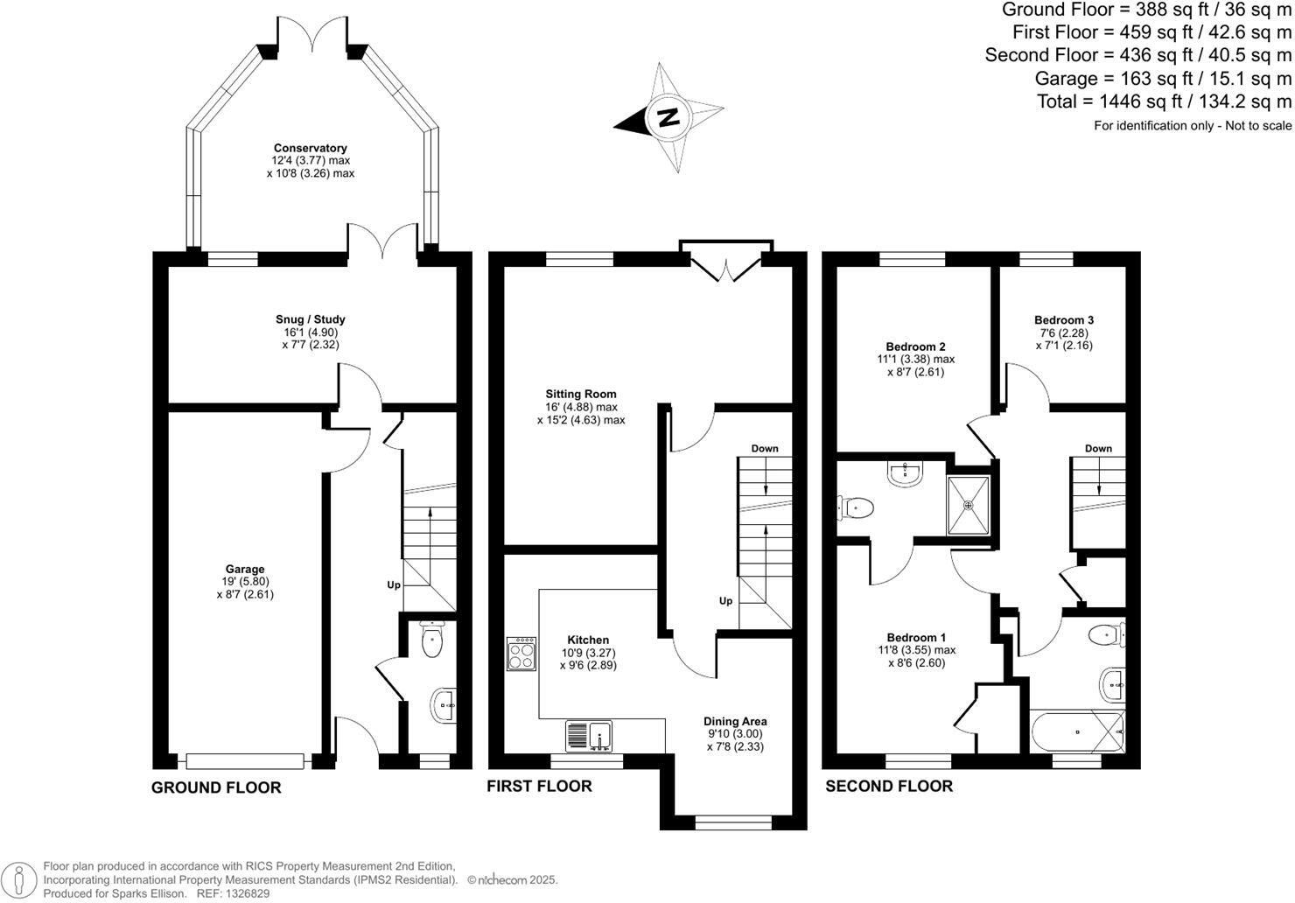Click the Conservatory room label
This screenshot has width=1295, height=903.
pos(311,148)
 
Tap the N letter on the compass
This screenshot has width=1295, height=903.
pos(668,117)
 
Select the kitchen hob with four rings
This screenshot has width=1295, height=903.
pos(521,654)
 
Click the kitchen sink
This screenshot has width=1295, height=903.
pos(589,736)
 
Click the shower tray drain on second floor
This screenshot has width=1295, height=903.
pos(969,505)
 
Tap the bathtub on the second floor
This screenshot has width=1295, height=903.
pos(1078,731)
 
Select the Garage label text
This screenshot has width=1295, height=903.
pos(245,570)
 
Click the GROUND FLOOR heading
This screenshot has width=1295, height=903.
pos(216,787)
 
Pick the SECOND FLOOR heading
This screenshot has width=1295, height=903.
pos(889,787)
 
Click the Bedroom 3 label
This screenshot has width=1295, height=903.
pos(1064,319)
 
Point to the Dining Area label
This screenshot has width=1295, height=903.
pos(735,722)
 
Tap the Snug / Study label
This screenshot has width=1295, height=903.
pos(311,319)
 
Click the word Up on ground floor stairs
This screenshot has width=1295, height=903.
pos(394,585)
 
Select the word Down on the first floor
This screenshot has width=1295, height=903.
pos(765,449)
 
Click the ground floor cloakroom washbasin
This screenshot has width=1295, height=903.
pos(444,705)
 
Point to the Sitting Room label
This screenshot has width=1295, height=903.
pos(581,395)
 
